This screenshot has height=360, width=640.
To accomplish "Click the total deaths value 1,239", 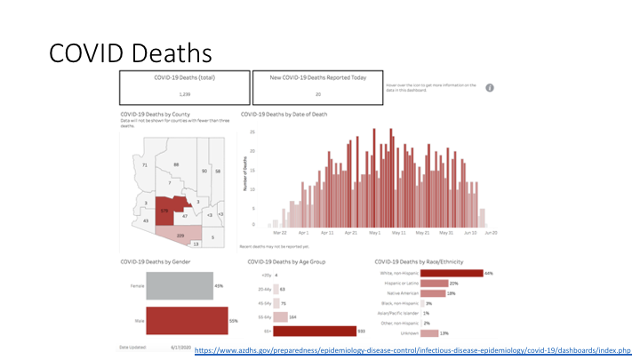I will (185, 93).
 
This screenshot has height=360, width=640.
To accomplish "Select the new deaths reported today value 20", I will (317, 93).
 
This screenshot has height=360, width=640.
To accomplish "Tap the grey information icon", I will (490, 88).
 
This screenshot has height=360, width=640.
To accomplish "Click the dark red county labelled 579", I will (165, 212).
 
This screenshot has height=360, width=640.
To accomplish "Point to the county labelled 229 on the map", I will (180, 235).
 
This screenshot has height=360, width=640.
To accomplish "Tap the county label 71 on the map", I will (144, 165).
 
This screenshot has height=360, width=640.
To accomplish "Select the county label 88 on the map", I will (177, 165).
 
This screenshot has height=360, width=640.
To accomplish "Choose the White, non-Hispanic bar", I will (451, 274).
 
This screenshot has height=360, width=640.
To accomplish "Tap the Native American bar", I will (433, 293).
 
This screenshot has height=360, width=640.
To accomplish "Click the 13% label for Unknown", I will (444, 332).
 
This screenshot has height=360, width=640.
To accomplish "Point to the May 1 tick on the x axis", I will (372, 232).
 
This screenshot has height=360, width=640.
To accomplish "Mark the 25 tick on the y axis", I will (253, 132).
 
